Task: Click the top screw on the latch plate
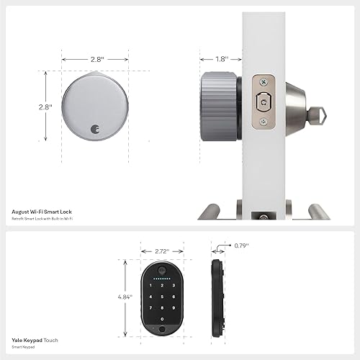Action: (265, 84)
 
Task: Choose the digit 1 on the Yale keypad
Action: (151, 286)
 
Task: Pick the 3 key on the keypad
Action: (173, 286)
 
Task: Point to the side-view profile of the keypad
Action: (216, 297)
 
